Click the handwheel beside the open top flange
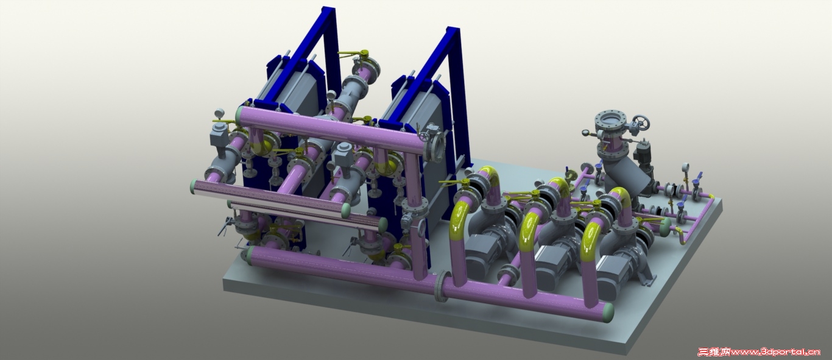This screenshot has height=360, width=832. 641,122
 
